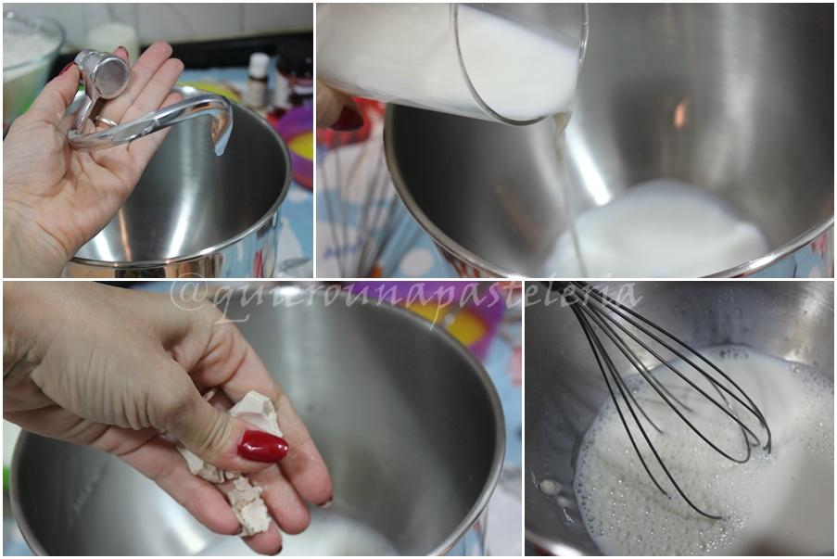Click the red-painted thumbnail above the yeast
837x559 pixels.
tap(262, 446)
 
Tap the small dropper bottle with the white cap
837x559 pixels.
tap(258, 79)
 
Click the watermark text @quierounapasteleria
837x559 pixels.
tap(406, 300)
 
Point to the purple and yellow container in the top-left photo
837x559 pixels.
tap(298, 149)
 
